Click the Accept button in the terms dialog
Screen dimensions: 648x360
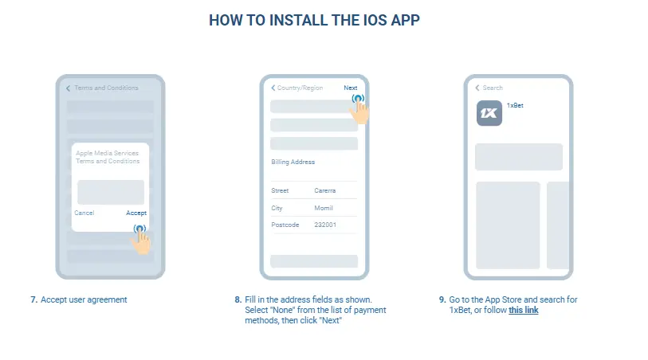[136, 213]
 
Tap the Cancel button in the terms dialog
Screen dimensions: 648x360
[84, 213]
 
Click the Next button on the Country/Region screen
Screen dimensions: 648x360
[351, 88]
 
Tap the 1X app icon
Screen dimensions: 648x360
[489, 113]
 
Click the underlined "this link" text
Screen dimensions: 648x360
[524, 310]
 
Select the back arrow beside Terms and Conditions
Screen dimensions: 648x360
[69, 88]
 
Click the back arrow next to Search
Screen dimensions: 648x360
[477, 88]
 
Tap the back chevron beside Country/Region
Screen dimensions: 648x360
[273, 88]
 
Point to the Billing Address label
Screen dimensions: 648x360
[293, 162]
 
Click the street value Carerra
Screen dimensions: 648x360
[325, 190]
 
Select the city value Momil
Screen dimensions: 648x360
[324, 208]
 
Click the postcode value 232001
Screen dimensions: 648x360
[325, 225]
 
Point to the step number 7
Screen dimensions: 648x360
[34, 299]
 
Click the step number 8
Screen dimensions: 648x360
[238, 299]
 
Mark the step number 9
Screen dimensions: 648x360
[442, 299]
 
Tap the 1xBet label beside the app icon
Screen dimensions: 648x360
[515, 106]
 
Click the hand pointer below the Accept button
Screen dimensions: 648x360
[141, 241]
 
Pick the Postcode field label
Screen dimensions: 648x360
[285, 225]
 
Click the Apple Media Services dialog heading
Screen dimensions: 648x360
[108, 157]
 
